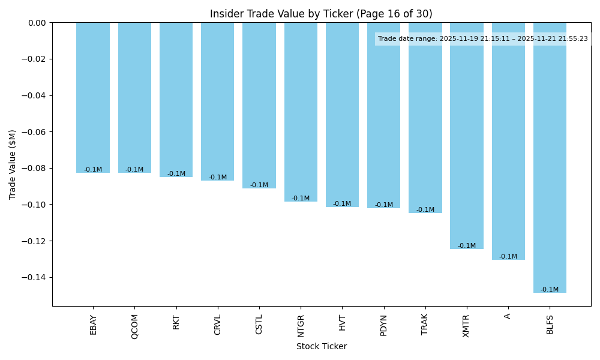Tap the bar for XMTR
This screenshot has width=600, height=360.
point(467,136)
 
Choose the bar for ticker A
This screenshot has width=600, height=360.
point(508,141)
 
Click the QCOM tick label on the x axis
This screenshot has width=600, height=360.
point(135,326)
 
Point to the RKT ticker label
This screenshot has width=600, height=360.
point(176,322)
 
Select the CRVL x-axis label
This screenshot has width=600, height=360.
point(218,325)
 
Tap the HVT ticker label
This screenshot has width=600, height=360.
point(342,322)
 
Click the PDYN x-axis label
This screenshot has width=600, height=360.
point(384,325)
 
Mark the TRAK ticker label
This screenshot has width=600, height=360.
point(425,325)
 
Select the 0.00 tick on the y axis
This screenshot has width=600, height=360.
point(37,23)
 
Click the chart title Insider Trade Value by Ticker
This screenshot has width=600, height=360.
point(321,14)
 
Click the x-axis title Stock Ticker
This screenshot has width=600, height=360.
point(321,346)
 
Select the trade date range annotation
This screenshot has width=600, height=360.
point(483,39)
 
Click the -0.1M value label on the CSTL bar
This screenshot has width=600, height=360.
point(259,185)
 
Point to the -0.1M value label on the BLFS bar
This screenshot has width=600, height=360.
point(550,290)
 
